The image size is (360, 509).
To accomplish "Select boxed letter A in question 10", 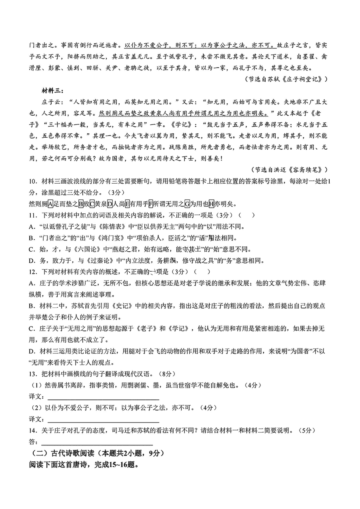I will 50,203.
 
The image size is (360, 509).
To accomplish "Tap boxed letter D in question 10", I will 110,203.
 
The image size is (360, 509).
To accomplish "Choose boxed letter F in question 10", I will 151,203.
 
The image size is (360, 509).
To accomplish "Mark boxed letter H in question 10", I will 211,203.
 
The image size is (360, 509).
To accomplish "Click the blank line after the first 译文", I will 103,399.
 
